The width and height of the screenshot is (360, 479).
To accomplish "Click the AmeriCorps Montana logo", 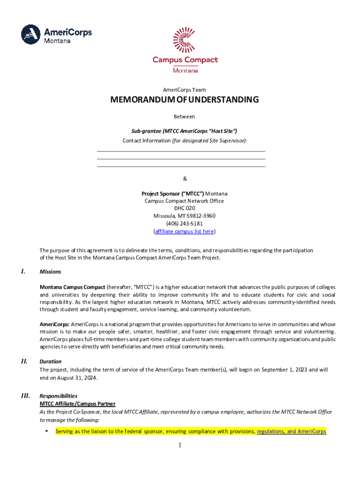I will click(56, 34).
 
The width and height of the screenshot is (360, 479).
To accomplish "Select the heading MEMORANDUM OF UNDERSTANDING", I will click(184, 100).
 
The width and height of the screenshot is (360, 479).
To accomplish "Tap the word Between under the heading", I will click(184, 116).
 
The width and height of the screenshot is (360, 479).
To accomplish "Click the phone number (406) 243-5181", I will click(184, 224).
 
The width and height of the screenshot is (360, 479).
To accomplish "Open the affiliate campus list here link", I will click(184, 231).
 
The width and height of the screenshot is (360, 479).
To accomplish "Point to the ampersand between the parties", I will click(184, 178).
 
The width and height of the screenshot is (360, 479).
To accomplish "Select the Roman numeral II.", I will click(24, 361).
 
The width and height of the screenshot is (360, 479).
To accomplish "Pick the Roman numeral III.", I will click(25, 396).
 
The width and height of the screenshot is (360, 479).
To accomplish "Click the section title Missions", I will click(50, 272).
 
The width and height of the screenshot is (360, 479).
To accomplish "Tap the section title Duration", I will click(50, 362).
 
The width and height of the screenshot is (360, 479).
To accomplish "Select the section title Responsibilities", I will click(58, 396).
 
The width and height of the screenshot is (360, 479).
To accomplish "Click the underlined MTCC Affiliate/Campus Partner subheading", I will click(78, 403).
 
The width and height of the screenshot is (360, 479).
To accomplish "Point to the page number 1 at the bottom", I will click(180, 445).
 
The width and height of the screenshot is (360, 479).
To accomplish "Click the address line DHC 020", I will click(184, 208).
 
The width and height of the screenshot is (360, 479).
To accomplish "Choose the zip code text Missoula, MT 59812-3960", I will click(184, 216).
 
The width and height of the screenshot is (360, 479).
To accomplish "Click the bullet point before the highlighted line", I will click(46, 431).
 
